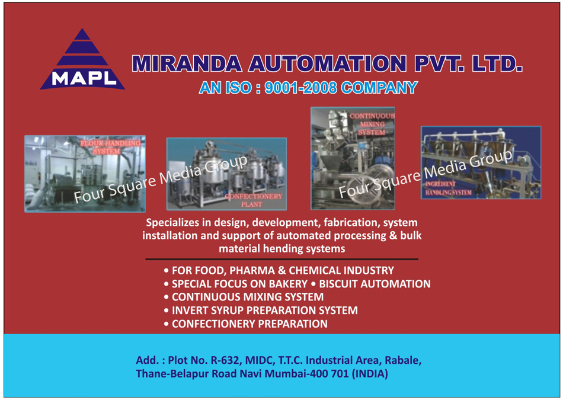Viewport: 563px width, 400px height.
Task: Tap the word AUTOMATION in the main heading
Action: coord(328,64)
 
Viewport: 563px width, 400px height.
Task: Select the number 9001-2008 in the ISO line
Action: coord(300,88)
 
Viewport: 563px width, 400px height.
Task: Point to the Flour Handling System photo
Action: coord(85,174)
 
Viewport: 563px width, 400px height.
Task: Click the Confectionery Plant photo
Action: coord(226,174)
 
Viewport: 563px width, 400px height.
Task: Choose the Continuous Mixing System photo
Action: coord(353,158)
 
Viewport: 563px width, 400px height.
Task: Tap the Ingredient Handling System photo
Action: coord(481,162)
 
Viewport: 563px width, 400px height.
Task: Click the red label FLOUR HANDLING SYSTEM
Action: coord(110,147)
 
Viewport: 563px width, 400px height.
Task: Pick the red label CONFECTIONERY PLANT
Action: coord(254,200)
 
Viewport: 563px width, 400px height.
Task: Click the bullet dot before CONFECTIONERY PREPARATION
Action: coord(167,324)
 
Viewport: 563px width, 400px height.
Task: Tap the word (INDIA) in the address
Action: coord(370,374)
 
